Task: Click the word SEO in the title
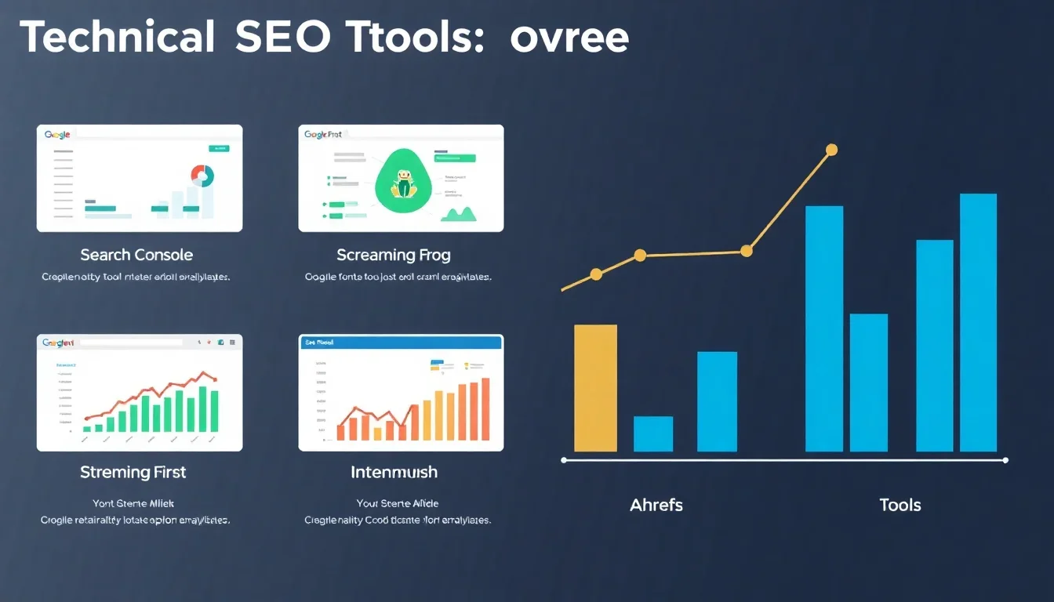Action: pos(282,37)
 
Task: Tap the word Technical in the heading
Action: pos(118,37)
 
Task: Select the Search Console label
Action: pos(136,255)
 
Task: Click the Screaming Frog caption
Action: pos(394,255)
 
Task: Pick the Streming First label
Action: pos(133,472)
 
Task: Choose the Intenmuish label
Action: pos(394,472)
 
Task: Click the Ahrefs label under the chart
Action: pos(656,505)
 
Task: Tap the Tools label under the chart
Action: pos(900,505)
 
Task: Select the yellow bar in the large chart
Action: pos(596,388)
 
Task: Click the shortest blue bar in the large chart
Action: pos(653,433)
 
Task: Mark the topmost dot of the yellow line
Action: pos(832,150)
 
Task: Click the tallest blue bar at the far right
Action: pos(978,322)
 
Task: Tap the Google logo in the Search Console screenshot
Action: pos(57,135)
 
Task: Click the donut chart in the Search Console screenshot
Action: pos(202,175)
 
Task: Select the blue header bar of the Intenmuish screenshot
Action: pos(401,342)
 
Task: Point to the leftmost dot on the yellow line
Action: pos(596,274)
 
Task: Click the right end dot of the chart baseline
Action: pos(1005,460)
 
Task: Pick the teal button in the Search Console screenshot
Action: pos(218,147)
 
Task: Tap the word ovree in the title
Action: pos(569,38)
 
